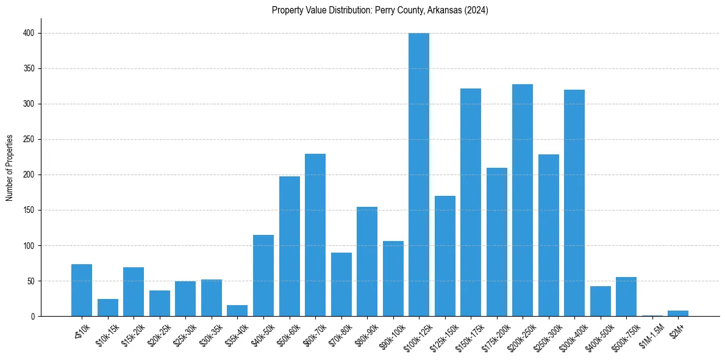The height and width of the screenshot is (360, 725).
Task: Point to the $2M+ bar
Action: (678, 314)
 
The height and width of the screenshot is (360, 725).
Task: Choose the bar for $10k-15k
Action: (108, 308)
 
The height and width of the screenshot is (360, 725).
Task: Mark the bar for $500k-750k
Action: (626, 297)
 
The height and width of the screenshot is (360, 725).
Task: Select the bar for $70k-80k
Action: (341, 284)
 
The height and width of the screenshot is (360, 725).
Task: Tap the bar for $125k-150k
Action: (445, 256)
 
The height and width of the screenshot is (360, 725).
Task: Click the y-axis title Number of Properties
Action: (10, 168)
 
